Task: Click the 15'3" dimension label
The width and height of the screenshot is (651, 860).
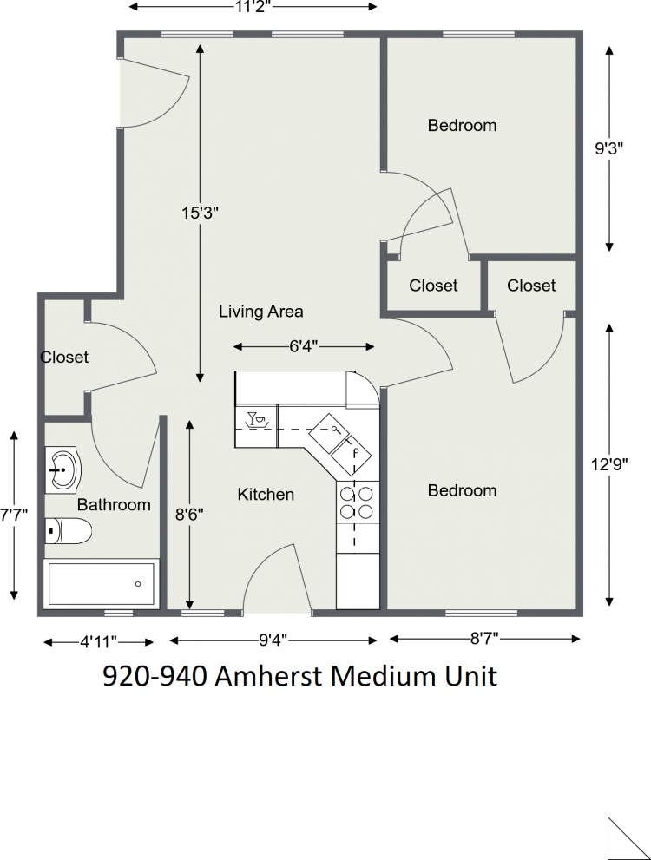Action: click(201, 213)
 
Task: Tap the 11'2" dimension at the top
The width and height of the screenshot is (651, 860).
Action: click(253, 6)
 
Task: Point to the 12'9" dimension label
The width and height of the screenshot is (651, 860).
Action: click(609, 464)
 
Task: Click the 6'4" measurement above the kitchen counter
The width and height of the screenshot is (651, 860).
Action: click(304, 346)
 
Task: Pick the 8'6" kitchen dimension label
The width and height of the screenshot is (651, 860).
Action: click(189, 515)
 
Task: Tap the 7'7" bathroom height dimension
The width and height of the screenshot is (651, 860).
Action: click(14, 515)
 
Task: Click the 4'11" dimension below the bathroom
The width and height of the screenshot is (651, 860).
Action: click(99, 641)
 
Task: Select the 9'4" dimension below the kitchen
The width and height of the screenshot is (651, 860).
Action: click(273, 640)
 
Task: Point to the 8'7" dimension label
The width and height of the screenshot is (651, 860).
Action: click(484, 639)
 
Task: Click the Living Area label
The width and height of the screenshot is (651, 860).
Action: click(261, 312)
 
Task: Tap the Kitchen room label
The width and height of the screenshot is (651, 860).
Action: click(266, 494)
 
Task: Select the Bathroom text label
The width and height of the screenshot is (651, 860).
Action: click(114, 504)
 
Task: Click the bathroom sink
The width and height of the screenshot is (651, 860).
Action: click(63, 469)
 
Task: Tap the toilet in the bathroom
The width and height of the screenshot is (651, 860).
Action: click(68, 531)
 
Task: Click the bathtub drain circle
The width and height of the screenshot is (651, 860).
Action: click(138, 584)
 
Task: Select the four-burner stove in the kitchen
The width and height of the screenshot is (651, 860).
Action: click(357, 502)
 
